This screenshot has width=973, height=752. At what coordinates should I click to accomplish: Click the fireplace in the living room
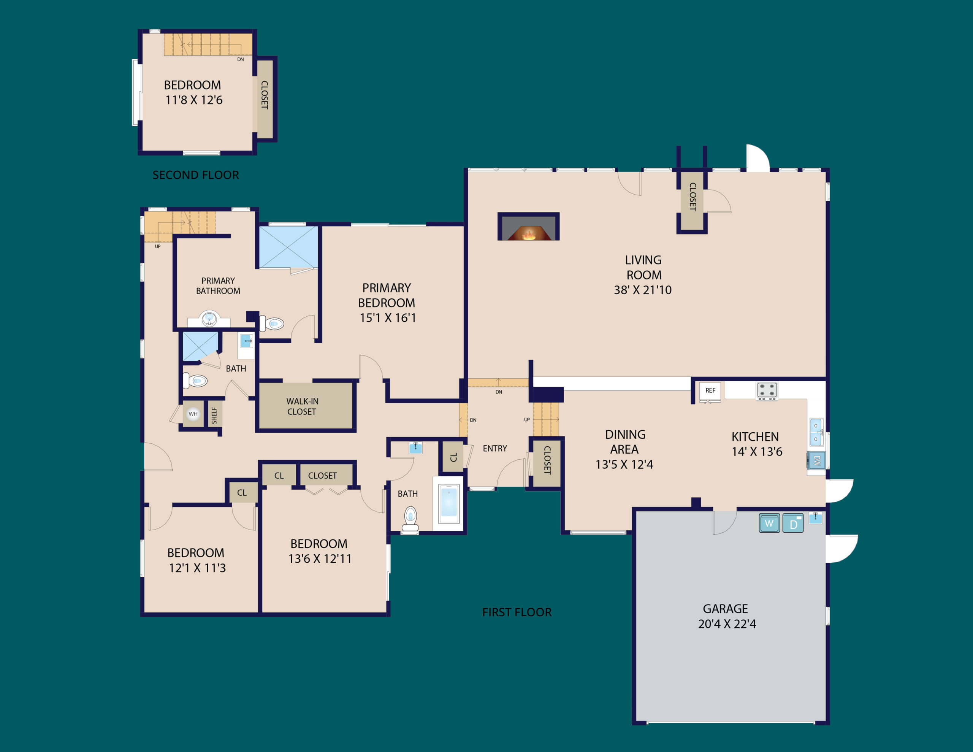[528, 227]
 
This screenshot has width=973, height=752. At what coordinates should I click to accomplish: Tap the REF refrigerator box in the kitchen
[710, 391]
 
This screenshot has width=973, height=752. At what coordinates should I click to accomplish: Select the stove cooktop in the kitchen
[767, 390]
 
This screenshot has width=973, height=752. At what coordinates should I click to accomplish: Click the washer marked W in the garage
[769, 524]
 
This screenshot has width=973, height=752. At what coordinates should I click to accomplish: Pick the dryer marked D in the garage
[793, 524]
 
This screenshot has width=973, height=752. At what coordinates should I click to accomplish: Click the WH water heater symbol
[193, 414]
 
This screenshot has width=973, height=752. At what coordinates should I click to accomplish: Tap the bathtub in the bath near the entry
[448, 504]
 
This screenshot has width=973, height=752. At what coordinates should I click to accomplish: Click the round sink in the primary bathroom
[209, 319]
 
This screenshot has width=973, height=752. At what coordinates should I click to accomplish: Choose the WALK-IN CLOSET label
[302, 406]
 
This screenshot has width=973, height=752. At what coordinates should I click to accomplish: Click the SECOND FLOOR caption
[196, 175]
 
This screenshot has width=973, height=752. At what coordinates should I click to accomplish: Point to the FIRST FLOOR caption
[517, 612]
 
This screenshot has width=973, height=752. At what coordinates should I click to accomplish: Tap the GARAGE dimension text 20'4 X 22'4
[727, 624]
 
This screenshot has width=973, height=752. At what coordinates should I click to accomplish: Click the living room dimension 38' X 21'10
[642, 290]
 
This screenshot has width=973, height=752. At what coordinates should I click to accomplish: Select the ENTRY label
[495, 449]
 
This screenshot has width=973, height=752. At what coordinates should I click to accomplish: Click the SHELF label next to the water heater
[214, 416]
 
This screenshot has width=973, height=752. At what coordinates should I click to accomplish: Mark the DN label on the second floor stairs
[241, 60]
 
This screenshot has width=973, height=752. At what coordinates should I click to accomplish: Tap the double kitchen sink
[816, 432]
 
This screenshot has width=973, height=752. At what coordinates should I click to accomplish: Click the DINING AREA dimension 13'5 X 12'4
[624, 465]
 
